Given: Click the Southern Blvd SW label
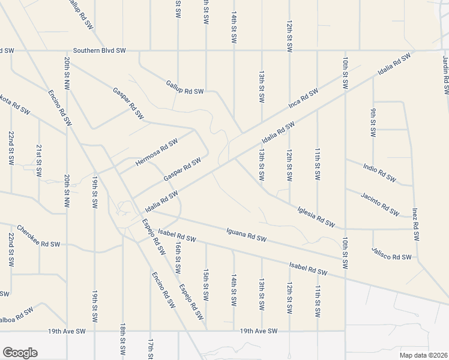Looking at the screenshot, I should click(x=99, y=51).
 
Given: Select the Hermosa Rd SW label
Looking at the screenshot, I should click(x=157, y=152).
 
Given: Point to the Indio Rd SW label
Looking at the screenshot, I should click(x=380, y=172).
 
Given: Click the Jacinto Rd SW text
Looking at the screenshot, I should click(x=380, y=204).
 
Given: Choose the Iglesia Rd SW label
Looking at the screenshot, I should click(x=316, y=217).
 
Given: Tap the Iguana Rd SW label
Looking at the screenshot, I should click(x=246, y=235).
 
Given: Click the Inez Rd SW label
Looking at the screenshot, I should click(x=415, y=224).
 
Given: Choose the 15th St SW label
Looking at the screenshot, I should click(x=206, y=284).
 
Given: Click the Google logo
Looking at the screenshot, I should click(x=19, y=353).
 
